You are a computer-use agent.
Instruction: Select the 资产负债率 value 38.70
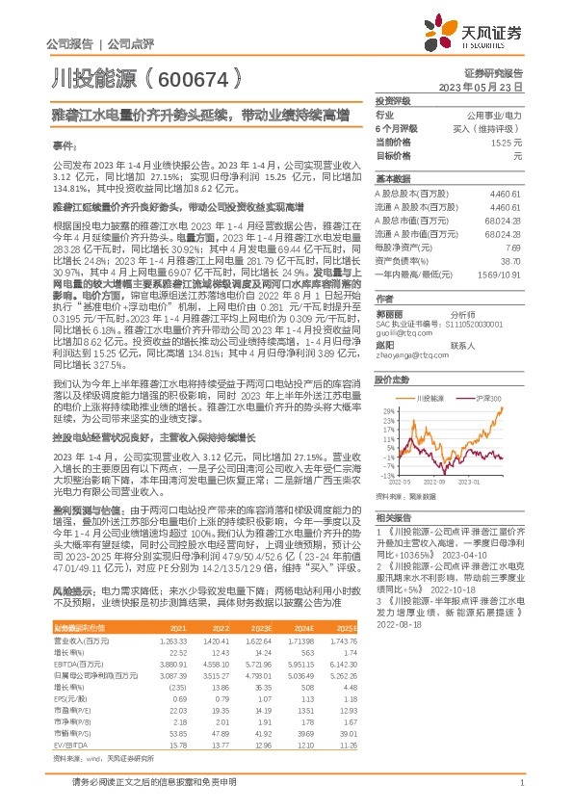513,260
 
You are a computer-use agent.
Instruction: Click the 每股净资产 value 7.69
514,248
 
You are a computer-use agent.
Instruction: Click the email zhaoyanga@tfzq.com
404,355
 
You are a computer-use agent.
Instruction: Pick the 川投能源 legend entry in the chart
430,397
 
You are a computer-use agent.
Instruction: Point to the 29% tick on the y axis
382,408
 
